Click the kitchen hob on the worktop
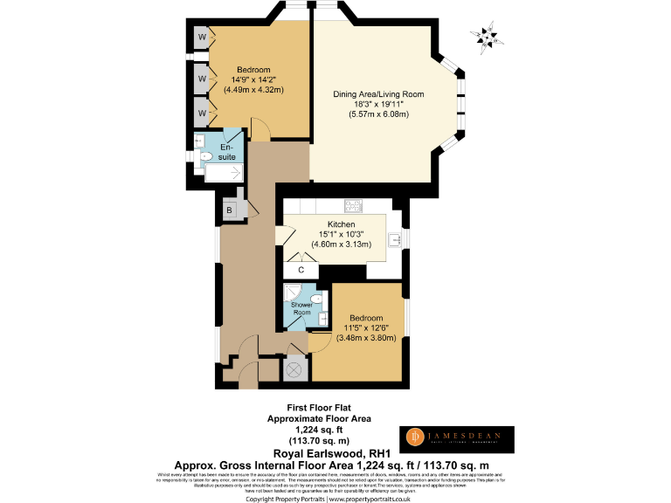[x=354, y=206]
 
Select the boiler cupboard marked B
[x=229, y=210]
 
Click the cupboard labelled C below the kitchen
[x=301, y=270]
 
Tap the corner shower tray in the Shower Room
[x=294, y=297]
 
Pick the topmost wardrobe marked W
[x=202, y=38]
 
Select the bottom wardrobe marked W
[x=202, y=114]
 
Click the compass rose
[x=482, y=36]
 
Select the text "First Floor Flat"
[x=318, y=408]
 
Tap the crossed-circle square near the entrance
[x=294, y=369]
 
